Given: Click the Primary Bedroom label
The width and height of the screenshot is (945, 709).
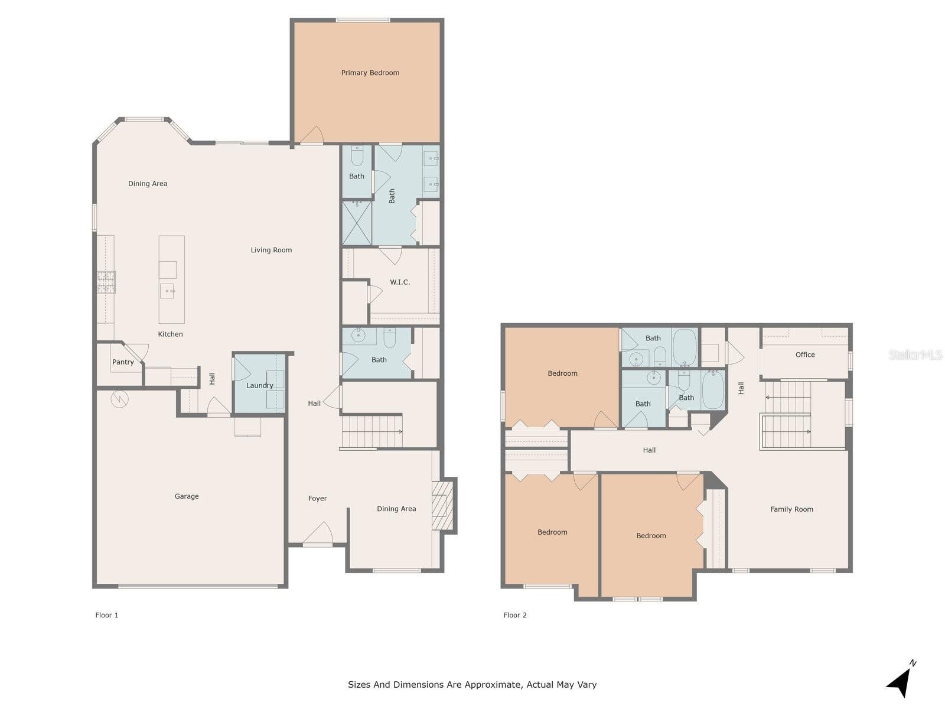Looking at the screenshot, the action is click(x=370, y=73).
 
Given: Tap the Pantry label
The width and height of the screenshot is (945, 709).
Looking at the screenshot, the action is click(x=123, y=362).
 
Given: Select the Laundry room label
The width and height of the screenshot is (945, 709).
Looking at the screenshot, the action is click(x=260, y=385).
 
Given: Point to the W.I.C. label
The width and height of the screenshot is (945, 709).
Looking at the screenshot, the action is click(x=399, y=282).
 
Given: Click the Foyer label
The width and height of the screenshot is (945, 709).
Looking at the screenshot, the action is click(x=317, y=499).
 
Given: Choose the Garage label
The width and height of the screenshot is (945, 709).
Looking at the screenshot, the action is click(x=187, y=496).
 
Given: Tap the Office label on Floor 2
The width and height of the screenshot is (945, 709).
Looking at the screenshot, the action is click(x=804, y=354).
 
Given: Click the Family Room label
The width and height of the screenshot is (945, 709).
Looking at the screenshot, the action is click(x=791, y=509).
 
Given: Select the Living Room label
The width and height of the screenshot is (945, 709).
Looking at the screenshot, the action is click(x=271, y=250).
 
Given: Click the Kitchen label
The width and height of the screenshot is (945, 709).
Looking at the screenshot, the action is click(x=170, y=334).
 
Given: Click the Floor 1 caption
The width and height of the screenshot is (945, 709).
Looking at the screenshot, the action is click(x=107, y=615).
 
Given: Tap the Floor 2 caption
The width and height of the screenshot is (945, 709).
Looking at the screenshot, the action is click(x=515, y=615).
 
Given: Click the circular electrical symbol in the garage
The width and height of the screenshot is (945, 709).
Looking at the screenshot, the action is click(x=119, y=399).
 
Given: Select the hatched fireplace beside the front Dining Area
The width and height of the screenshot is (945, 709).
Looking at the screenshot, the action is click(x=442, y=505).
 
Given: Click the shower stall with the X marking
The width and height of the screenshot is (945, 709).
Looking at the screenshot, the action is click(x=357, y=223).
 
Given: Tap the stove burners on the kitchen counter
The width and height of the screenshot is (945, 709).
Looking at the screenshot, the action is click(x=106, y=282).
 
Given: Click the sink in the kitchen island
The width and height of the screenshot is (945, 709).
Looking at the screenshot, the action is click(x=168, y=291).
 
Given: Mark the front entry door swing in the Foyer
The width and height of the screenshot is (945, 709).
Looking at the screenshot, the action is click(x=318, y=534).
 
